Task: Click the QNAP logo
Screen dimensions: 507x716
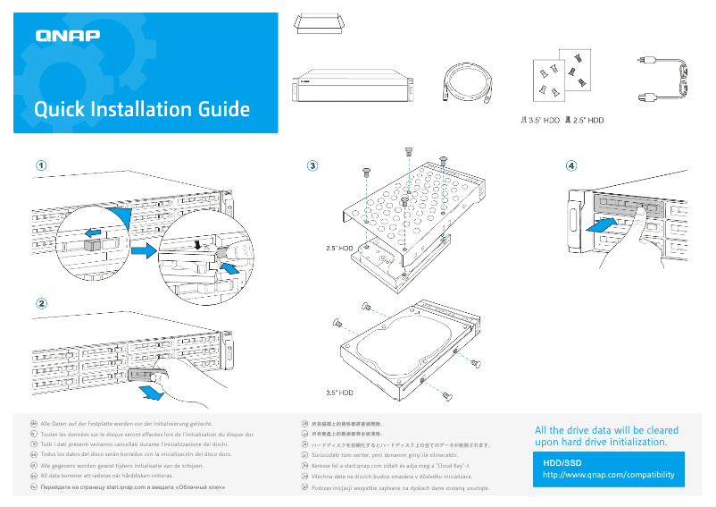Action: tap(68, 37)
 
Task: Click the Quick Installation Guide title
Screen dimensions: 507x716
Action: tap(141, 110)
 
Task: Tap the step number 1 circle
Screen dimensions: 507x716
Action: tap(41, 165)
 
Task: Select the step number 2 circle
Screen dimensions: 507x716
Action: tap(41, 302)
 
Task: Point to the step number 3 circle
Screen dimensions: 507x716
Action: tap(312, 165)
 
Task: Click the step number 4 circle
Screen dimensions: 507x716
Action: tap(571, 165)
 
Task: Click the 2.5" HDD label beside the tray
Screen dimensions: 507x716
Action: tap(339, 247)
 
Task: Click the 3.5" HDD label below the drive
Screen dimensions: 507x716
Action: tap(339, 392)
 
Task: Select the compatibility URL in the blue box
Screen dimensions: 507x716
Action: tap(609, 475)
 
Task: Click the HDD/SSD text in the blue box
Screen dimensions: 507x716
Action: tap(562, 462)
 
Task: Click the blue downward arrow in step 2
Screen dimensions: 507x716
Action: tap(154, 392)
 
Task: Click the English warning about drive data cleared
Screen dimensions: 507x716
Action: tap(605, 436)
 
